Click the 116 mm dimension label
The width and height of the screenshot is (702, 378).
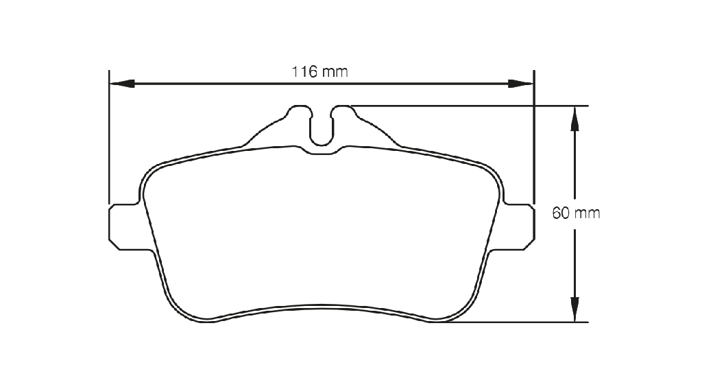click(x=319, y=71)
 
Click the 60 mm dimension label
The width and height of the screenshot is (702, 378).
click(x=576, y=213)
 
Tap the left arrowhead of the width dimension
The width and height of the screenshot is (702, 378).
click(x=122, y=84)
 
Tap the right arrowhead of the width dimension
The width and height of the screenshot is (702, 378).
click(x=521, y=84)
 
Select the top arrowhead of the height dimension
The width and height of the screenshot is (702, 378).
click(x=575, y=119)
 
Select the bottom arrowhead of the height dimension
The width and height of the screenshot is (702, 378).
click(x=575, y=309)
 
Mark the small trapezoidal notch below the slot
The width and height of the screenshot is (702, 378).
click(x=322, y=150)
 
